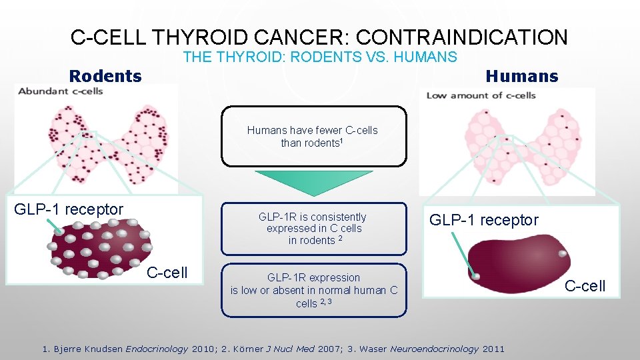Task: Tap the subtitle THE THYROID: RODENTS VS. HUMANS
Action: [x=320, y=57]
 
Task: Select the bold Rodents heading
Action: [x=105, y=76]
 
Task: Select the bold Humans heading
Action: [x=521, y=76]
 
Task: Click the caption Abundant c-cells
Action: [x=61, y=91]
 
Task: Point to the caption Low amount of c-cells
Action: [x=481, y=95]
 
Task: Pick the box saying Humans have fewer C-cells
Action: [x=313, y=137]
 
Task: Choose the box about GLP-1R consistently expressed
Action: [x=313, y=228]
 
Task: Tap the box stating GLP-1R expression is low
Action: [x=313, y=290]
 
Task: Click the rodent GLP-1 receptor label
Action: [x=69, y=209]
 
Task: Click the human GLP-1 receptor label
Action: [x=483, y=220]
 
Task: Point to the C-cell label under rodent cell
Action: [x=167, y=272]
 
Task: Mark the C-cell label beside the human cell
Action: [x=585, y=286]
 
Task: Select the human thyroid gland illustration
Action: [x=507, y=150]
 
